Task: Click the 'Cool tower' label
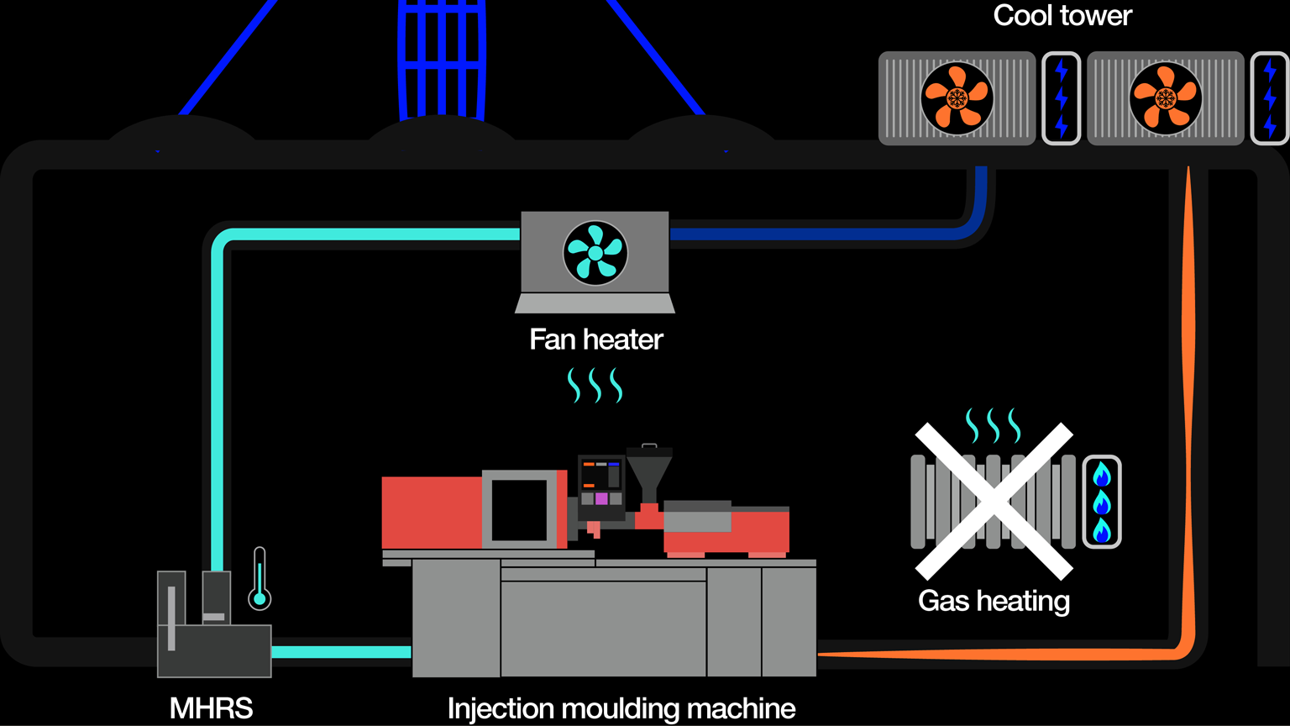pyautogui.click(x=1062, y=15)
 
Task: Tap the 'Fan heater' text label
pyautogui.click(x=595, y=339)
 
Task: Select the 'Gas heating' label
pyautogui.click(x=994, y=601)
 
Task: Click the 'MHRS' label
pyautogui.click(x=211, y=708)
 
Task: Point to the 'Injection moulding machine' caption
pyautogui.click(x=621, y=708)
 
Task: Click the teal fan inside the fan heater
pyautogui.click(x=595, y=252)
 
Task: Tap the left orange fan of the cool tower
pyautogui.click(x=957, y=98)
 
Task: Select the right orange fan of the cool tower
pyautogui.click(x=1165, y=98)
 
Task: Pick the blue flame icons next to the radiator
pyautogui.click(x=1101, y=502)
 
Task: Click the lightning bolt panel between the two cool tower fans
pyautogui.click(x=1061, y=98)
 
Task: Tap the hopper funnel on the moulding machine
pyautogui.click(x=649, y=476)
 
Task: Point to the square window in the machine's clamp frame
pyautogui.click(x=519, y=510)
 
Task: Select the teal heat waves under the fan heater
pyautogui.click(x=595, y=385)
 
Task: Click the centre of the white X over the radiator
pyautogui.click(x=994, y=502)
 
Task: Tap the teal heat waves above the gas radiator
pyautogui.click(x=994, y=426)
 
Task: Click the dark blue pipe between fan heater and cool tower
pyautogui.click(x=823, y=234)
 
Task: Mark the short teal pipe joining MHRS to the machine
pyautogui.click(x=341, y=652)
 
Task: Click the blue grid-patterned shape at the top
pyautogui.click(x=442, y=55)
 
